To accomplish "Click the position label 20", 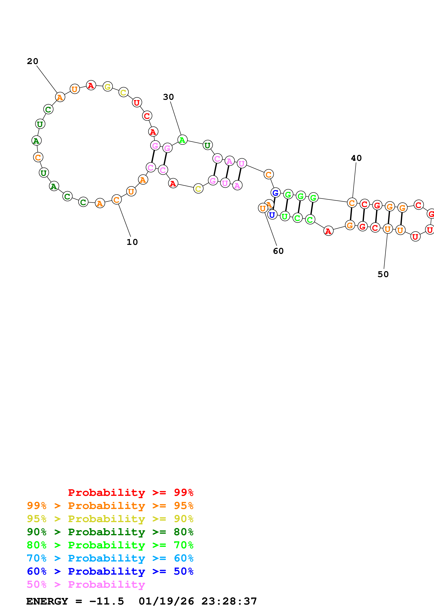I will [32, 61].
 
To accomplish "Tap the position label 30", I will [168, 97].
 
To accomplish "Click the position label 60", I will [278, 251].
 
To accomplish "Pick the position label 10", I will [132, 242].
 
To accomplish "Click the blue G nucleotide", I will [275, 193].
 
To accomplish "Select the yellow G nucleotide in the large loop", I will [107, 87].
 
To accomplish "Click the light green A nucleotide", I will [182, 140].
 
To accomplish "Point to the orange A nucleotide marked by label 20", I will [60, 97].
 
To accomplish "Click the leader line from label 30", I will [176, 118].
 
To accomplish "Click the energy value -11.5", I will [107, 601].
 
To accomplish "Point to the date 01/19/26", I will [166, 601].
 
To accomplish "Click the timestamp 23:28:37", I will [229, 601].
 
